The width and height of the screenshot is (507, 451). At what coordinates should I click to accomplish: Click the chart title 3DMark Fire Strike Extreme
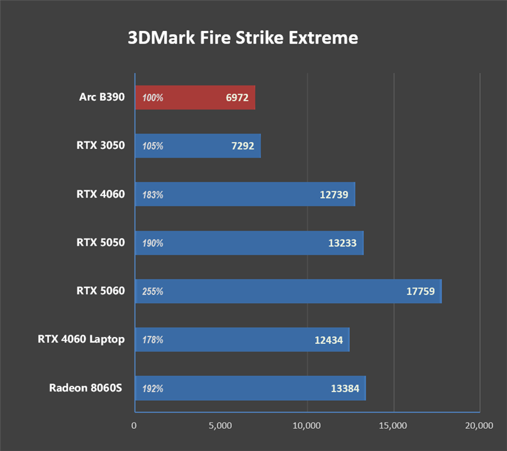click(243, 38)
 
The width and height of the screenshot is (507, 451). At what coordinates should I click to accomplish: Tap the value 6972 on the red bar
click(240, 98)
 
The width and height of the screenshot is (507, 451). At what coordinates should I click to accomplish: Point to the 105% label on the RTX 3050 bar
click(153, 146)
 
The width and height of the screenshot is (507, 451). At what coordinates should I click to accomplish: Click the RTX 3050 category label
click(100, 146)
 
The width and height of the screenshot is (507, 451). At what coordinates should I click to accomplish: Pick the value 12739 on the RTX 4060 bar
click(333, 195)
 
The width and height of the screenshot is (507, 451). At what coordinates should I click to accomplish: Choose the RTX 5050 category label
click(100, 243)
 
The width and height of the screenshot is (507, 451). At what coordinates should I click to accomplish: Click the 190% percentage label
click(153, 243)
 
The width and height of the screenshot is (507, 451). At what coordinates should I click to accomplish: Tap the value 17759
click(420, 292)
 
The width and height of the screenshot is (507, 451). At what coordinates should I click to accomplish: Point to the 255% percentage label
click(153, 292)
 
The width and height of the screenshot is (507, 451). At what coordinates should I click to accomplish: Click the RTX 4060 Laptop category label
click(80, 340)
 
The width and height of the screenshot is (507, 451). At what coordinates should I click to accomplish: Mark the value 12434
click(328, 340)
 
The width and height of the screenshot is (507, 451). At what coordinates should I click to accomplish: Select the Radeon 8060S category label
click(86, 388)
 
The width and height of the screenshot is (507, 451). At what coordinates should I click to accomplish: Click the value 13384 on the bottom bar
click(345, 388)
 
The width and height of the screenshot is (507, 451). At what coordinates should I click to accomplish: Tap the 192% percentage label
click(153, 388)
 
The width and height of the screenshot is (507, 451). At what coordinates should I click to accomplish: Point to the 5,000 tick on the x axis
click(220, 426)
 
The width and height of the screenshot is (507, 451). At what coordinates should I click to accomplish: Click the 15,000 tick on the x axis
click(393, 426)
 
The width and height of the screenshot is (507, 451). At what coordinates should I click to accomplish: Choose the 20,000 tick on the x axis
click(478, 426)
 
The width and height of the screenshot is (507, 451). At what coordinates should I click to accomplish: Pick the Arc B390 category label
click(102, 98)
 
